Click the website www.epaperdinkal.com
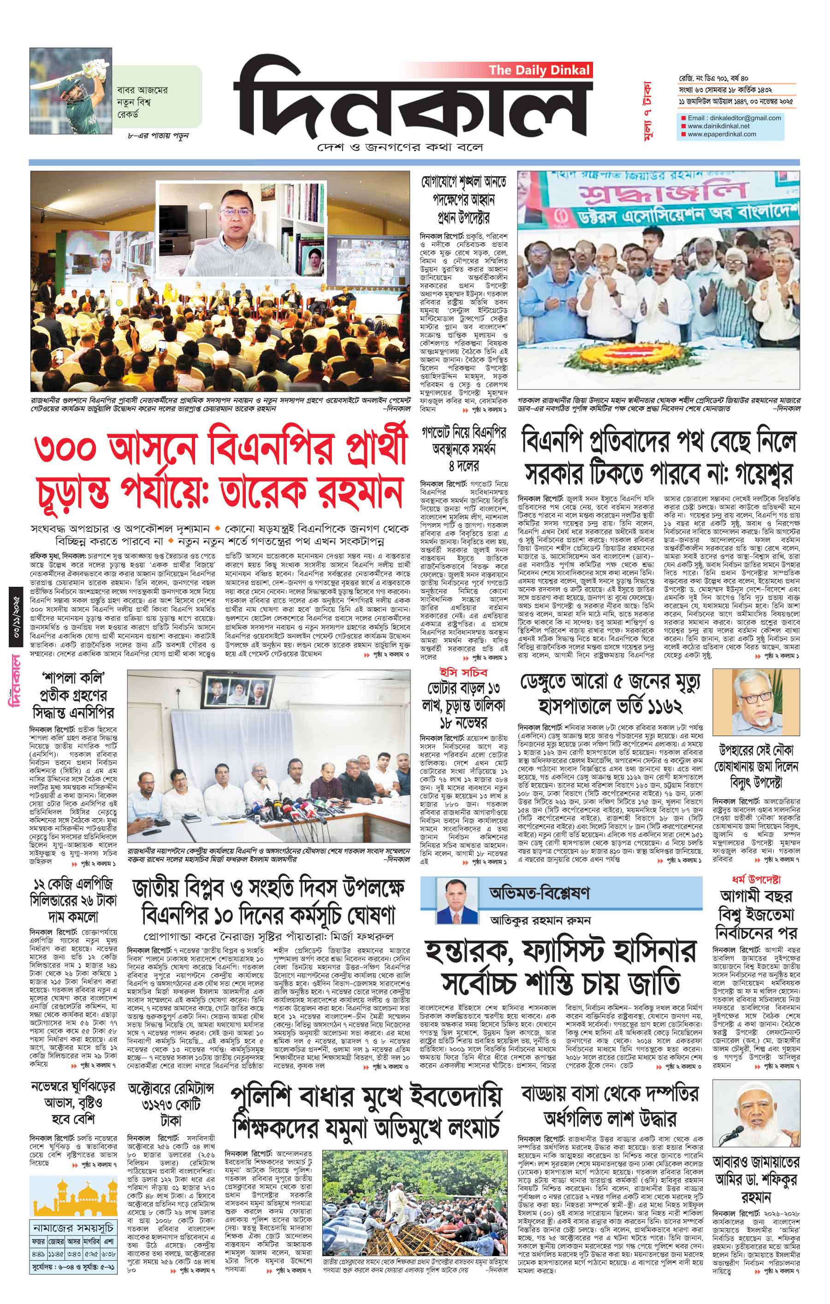coord(722,134)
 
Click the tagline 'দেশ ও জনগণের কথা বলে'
coord(400,148)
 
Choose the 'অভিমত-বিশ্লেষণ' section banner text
coord(539,892)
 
